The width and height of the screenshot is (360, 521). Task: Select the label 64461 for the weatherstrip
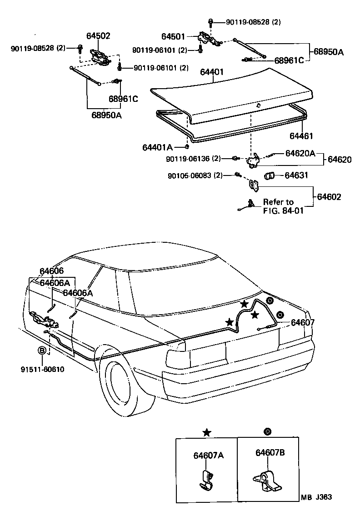[x=301, y=136]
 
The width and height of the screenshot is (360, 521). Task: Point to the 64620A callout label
[x=300, y=153]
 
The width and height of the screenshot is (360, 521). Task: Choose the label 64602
[x=329, y=197]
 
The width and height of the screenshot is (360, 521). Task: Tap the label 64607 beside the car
[x=303, y=322]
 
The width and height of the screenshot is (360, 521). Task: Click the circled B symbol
[x=41, y=351]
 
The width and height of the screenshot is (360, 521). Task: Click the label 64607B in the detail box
[x=270, y=452]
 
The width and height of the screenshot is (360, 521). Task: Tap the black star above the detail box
[x=207, y=432]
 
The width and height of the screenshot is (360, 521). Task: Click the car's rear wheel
[x=124, y=384]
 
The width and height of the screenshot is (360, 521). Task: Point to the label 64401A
[x=157, y=147]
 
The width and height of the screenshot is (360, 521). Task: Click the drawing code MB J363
[x=316, y=497]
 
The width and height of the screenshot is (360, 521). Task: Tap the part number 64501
[x=173, y=36]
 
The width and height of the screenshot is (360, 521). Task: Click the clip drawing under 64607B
[x=267, y=480]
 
